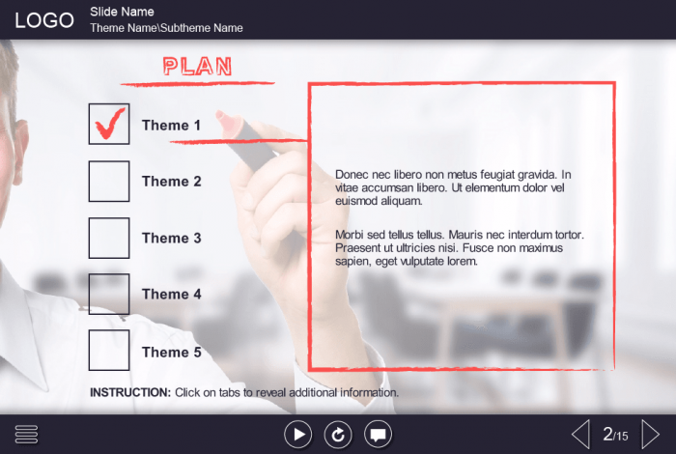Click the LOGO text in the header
44,20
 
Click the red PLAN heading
197,67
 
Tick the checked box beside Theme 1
109,124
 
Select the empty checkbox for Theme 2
109,181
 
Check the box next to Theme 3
109,238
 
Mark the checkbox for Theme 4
109,294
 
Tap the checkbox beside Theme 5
109,351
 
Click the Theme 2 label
172,181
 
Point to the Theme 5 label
172,352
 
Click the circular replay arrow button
338,435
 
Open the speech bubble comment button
379,435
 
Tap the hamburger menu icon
26,434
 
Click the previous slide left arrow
580,435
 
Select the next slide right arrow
651,435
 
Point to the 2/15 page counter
616,434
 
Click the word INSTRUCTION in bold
130,392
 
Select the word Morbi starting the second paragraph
350,235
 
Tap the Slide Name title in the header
122,12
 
